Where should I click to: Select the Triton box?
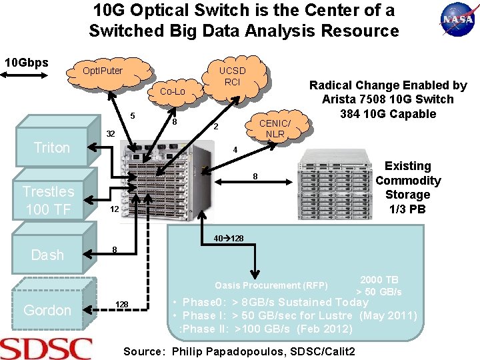[51, 147]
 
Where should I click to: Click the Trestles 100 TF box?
[48, 201]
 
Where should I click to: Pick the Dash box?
[48, 255]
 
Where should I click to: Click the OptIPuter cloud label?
[103, 70]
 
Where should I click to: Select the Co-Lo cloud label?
[173, 91]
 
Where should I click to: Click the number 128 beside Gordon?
[121, 305]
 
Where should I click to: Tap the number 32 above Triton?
[111, 134]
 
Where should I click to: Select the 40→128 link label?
[228, 239]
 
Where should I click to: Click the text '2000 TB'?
[379, 280]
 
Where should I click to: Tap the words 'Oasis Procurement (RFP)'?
[271, 285]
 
